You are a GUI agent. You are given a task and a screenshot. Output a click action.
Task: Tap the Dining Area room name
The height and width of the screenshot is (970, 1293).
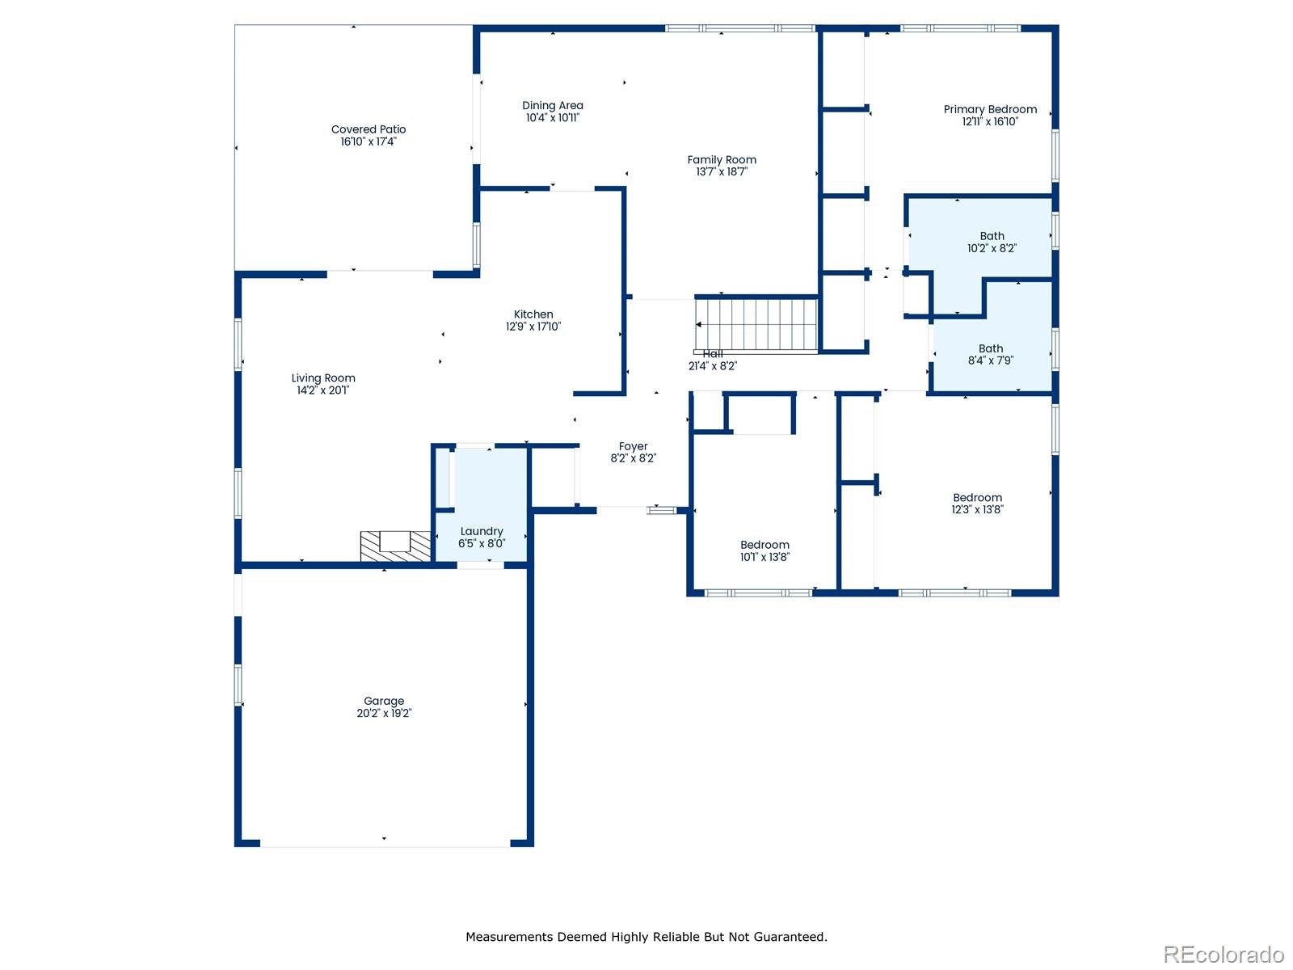[553, 105]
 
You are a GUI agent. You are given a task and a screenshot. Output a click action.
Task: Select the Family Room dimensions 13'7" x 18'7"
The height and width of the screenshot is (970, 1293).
[722, 172]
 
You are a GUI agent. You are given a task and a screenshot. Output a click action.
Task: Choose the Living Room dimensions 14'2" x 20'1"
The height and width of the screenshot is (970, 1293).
[322, 390]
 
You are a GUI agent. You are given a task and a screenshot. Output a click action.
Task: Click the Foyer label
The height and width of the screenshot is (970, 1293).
[634, 446]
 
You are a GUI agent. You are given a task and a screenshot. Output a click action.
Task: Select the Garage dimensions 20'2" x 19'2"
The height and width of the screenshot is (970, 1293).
[384, 713]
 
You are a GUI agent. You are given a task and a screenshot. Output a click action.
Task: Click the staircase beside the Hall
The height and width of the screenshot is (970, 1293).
[756, 325]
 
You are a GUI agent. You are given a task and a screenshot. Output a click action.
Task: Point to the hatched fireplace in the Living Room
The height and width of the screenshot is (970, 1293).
[395, 546]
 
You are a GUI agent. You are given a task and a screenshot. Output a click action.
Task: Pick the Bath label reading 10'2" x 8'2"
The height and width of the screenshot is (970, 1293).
[992, 242]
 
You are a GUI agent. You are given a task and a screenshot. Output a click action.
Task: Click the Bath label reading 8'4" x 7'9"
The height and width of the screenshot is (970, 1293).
[991, 355]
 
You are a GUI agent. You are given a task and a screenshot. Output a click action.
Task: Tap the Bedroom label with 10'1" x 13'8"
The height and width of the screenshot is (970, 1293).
[764, 550]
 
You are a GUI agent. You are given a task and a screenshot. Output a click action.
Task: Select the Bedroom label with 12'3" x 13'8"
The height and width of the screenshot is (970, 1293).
[977, 504]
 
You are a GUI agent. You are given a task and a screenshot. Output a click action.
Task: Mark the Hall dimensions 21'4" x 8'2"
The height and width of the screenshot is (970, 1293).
[713, 366]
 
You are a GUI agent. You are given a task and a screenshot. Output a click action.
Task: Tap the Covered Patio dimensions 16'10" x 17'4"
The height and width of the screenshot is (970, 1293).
[369, 142]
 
